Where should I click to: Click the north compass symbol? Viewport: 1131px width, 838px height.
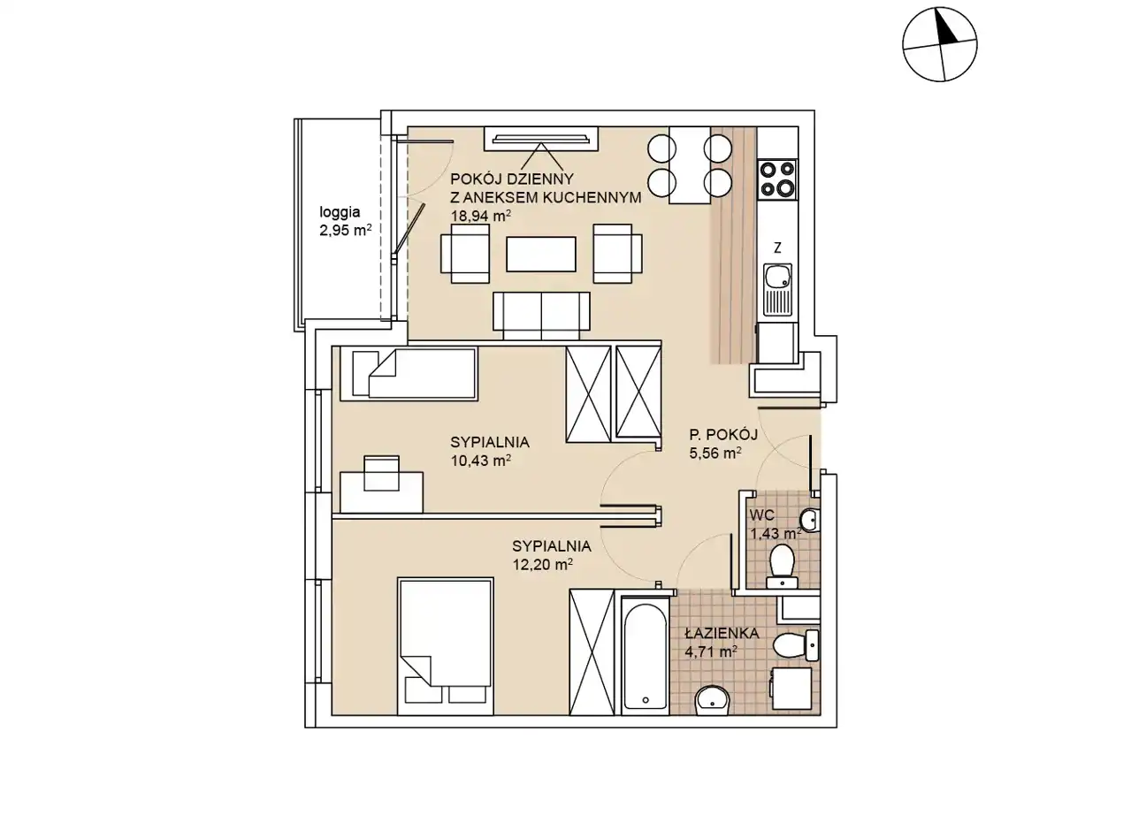pyautogui.click(x=940, y=44)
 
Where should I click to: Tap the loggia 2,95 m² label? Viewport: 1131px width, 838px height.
pyautogui.click(x=345, y=221)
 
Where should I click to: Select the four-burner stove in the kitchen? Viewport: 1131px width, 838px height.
pyautogui.click(x=777, y=180)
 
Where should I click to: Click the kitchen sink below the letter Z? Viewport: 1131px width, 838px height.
pyautogui.click(x=777, y=290)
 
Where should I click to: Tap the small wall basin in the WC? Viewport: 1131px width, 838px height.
pyautogui.click(x=809, y=520)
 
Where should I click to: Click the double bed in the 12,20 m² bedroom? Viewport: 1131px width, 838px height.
pyautogui.click(x=445, y=646)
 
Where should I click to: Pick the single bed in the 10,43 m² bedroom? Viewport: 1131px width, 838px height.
pyautogui.click(x=415, y=373)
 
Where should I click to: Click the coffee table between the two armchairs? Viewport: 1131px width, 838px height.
pyautogui.click(x=540, y=254)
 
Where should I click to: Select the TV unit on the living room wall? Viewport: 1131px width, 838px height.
pyautogui.click(x=541, y=139)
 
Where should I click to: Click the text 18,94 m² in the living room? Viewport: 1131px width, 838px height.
pyautogui.click(x=481, y=216)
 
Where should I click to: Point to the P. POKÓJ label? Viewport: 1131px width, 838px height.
pyautogui.click(x=723, y=435)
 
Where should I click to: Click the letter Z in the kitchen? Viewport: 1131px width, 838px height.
pyautogui.click(x=777, y=248)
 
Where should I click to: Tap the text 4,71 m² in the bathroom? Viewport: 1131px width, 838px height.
pyautogui.click(x=711, y=652)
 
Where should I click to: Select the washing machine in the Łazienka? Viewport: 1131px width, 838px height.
pyautogui.click(x=792, y=689)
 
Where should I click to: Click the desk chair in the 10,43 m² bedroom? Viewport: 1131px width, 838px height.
pyautogui.click(x=381, y=473)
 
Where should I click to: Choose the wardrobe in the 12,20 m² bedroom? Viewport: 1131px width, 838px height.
pyautogui.click(x=592, y=652)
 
